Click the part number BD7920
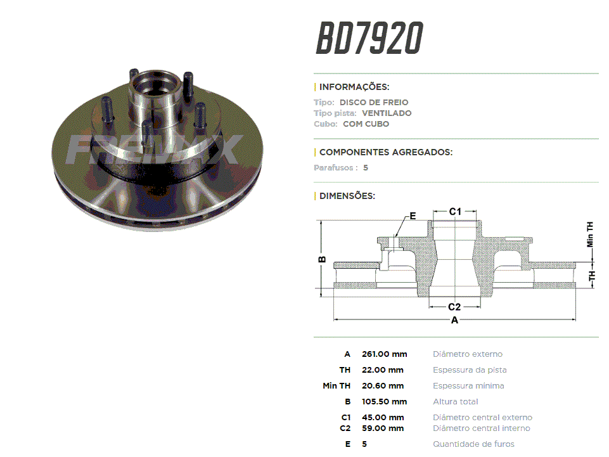coord(369,37)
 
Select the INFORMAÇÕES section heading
coord(354,87)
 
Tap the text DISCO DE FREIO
coord(374,102)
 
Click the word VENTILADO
coord(387,113)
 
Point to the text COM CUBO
coord(366,124)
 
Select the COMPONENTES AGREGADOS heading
coord(386,152)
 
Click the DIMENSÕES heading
coord(347,195)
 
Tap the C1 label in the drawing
coord(455,212)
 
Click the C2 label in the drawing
coord(454,307)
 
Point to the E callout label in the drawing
coord(413,216)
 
